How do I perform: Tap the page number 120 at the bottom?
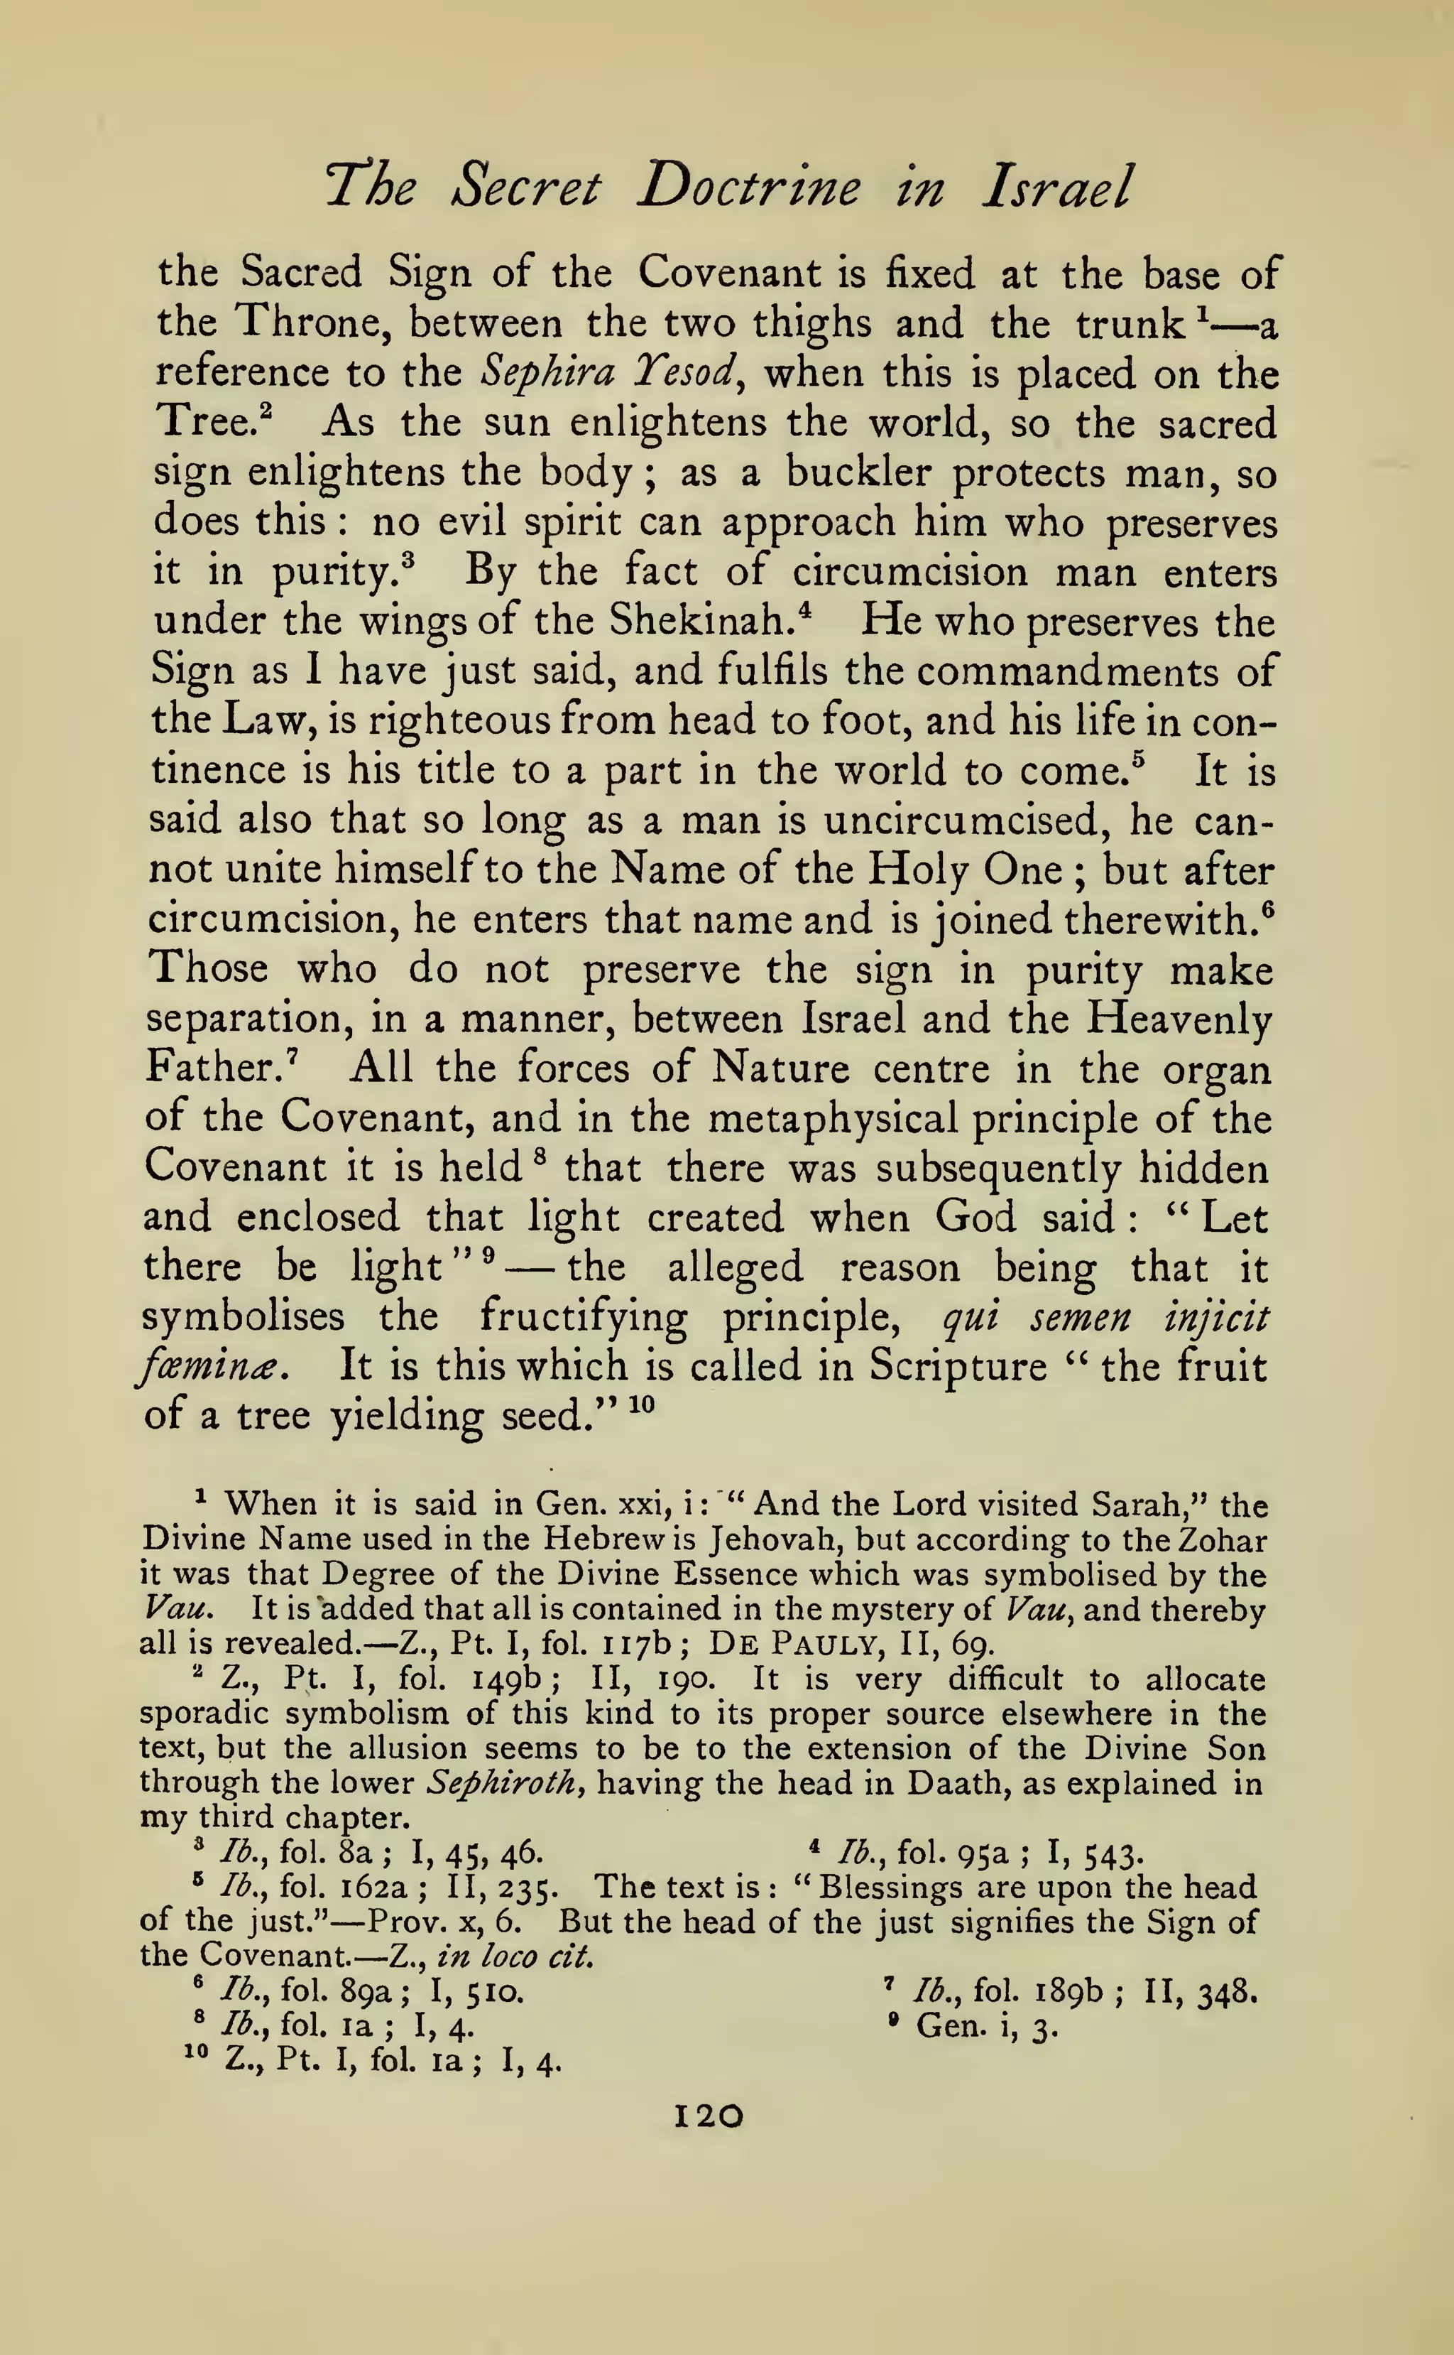(x=710, y=2116)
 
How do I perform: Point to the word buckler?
(x=859, y=472)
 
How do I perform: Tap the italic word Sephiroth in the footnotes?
(x=507, y=1784)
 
